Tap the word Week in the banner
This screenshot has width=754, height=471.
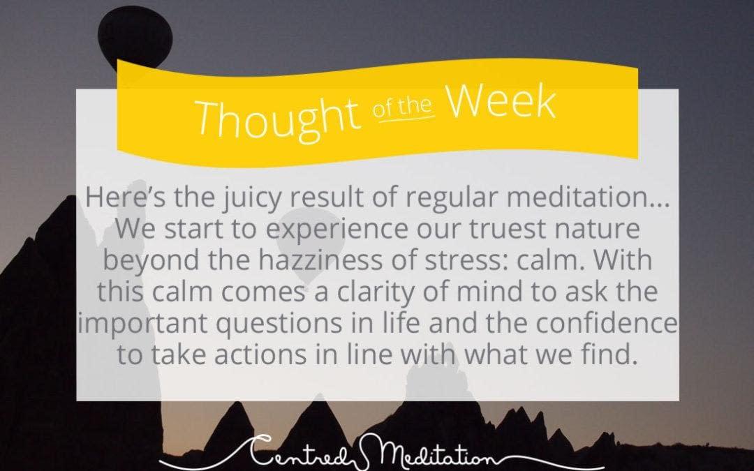(501, 102)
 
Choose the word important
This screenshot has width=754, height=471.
(143, 324)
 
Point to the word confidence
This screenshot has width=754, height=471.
(606, 323)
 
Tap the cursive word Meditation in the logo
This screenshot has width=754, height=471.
(429, 453)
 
